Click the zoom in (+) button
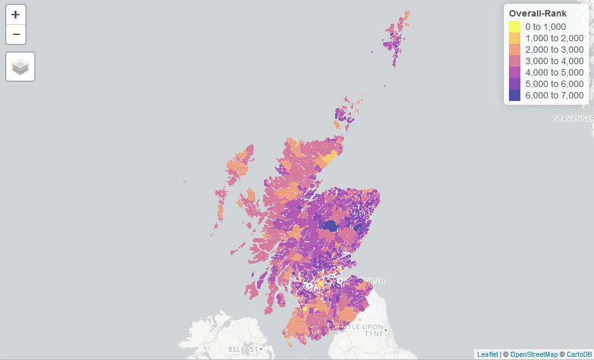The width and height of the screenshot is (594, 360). coord(16,15)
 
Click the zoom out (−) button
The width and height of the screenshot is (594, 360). coord(16,34)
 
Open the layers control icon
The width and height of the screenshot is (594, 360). coord(20,67)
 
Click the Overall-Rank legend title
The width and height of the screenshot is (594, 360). coord(538,13)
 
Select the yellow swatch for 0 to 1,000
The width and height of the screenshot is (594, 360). coord(515,27)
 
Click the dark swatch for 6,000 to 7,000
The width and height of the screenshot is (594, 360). coord(515,95)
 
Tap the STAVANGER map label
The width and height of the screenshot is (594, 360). coord(573,119)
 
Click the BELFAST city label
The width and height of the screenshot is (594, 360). coord(242,350)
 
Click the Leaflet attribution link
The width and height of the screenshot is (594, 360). coord(487,354)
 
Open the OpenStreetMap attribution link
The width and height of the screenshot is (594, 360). coord(534,354)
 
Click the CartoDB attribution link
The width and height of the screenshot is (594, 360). coord(579,354)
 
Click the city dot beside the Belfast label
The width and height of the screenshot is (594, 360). coord(261,349)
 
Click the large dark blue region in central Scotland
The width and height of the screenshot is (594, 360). coord(330,225)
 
